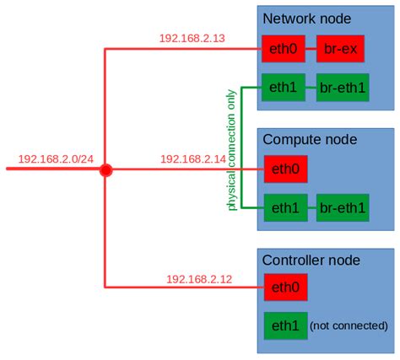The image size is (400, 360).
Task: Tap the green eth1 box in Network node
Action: tap(285, 87)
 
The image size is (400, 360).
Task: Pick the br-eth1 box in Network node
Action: tap(343, 87)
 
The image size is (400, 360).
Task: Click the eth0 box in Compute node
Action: tap(285, 169)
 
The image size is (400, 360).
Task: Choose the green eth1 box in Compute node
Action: tap(285, 207)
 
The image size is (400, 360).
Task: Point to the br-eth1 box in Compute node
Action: tap(343, 207)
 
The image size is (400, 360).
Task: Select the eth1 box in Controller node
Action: tap(285, 326)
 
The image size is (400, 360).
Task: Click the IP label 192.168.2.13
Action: tap(193, 38)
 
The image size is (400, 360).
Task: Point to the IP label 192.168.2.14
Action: tap(193, 159)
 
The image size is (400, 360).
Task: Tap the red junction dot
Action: tap(105, 169)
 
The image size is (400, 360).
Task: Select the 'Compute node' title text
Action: tap(310, 139)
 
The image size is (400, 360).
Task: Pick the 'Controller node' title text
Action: tap(311, 261)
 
